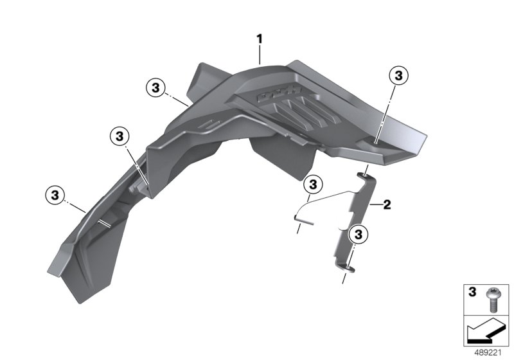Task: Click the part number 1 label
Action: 260,39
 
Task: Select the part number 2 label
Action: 387,205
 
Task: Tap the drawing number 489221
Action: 488,353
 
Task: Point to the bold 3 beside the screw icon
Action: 472,292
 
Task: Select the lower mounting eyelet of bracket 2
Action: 347,268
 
